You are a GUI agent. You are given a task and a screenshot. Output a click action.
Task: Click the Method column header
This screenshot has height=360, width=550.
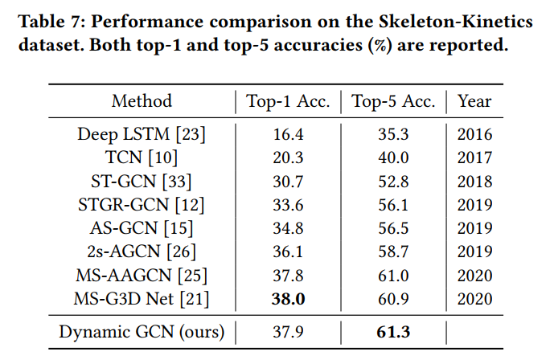pyautogui.click(x=142, y=101)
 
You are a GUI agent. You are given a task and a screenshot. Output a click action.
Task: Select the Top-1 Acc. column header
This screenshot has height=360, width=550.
pyautogui.click(x=288, y=101)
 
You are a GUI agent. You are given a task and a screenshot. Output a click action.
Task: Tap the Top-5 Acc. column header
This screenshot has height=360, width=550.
pyautogui.click(x=394, y=101)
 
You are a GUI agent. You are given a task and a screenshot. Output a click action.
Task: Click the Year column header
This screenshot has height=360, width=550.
pyautogui.click(x=474, y=101)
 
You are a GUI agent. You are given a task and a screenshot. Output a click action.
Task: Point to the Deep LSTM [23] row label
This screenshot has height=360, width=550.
pyautogui.click(x=142, y=134)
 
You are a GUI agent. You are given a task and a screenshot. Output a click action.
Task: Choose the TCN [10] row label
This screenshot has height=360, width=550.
pyautogui.click(x=142, y=158)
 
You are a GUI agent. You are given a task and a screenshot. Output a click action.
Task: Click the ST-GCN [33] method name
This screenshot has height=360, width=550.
pyautogui.click(x=142, y=182)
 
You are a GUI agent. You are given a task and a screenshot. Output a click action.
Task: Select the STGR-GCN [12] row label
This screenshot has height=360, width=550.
pyautogui.click(x=142, y=205)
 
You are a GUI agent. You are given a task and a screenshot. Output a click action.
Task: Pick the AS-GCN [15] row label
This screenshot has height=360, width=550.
pyautogui.click(x=142, y=228)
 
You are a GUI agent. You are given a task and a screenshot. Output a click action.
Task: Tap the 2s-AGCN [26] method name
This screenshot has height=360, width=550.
pyautogui.click(x=142, y=252)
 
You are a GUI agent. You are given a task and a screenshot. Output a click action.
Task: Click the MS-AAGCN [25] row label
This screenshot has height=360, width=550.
pyautogui.click(x=142, y=275)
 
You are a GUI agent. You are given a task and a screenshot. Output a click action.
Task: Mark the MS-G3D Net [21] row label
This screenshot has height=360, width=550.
pyautogui.click(x=142, y=298)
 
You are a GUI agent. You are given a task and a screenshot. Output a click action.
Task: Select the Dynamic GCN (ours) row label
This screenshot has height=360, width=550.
pyautogui.click(x=142, y=330)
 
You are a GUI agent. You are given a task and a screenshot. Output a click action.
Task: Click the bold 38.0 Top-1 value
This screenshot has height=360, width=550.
pyautogui.click(x=288, y=298)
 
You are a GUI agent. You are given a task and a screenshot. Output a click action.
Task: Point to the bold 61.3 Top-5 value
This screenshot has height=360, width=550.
pyautogui.click(x=394, y=330)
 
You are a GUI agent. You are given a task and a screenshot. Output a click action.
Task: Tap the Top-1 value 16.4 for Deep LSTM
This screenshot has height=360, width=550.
pyautogui.click(x=288, y=134)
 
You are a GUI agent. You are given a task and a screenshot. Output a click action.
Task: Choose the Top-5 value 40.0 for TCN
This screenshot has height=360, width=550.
pyautogui.click(x=394, y=158)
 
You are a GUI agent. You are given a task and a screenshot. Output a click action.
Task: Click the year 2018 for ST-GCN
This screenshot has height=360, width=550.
pyautogui.click(x=474, y=182)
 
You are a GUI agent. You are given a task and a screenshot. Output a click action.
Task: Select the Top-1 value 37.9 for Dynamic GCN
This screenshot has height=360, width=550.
pyautogui.click(x=288, y=330)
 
